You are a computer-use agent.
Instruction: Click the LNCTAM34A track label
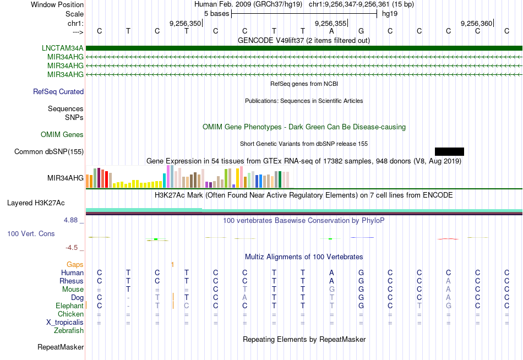click(63, 48)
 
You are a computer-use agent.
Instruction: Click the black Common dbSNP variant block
click(449, 151)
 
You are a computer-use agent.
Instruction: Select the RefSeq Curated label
click(58, 92)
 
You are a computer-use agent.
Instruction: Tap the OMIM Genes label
click(62, 135)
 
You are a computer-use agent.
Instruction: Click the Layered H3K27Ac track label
click(36, 203)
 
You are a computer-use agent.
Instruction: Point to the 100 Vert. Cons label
click(31, 234)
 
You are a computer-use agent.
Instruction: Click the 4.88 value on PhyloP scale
click(73, 220)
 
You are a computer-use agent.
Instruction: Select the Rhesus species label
click(72, 281)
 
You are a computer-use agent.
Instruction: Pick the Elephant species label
click(69, 306)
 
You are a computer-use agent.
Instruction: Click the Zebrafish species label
click(69, 331)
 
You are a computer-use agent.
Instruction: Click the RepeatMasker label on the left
click(61, 347)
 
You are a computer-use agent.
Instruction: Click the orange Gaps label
click(75, 265)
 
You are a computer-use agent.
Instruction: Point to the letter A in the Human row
click(331, 273)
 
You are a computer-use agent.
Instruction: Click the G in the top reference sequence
click(361, 31)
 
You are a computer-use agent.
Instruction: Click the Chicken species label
click(70, 314)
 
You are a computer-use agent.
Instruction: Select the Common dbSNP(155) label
click(49, 152)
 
